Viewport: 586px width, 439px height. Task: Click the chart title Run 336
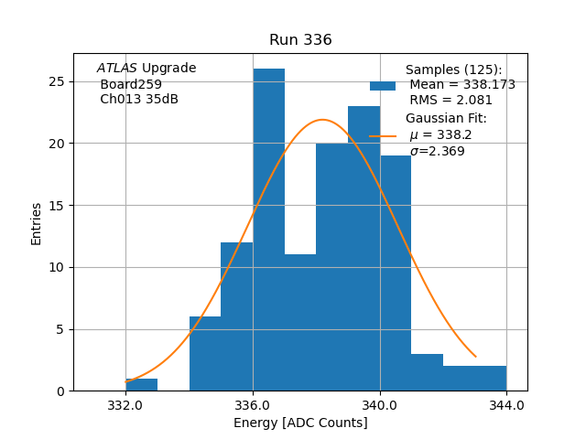[300, 40]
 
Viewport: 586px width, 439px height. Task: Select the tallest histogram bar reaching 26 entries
[268, 229]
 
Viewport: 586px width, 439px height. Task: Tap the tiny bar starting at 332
[141, 384]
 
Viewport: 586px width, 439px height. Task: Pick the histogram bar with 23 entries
[364, 247]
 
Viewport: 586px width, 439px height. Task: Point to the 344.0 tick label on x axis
[506, 405]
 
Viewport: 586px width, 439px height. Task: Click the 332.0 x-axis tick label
[125, 405]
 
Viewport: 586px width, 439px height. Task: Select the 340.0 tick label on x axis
[379, 405]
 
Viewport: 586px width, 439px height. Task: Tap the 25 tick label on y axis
[57, 81]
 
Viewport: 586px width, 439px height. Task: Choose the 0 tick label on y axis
[60, 391]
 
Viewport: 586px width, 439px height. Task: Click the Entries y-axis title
[37, 223]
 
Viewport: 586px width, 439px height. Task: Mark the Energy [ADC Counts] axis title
[300, 423]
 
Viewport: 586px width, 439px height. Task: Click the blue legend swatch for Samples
[383, 86]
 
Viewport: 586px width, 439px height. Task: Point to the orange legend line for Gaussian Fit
[383, 136]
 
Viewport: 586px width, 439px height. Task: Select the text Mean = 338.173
[462, 85]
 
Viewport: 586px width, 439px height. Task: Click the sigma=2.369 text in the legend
[437, 151]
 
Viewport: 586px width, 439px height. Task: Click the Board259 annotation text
[131, 84]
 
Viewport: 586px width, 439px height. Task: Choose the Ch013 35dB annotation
[139, 99]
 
